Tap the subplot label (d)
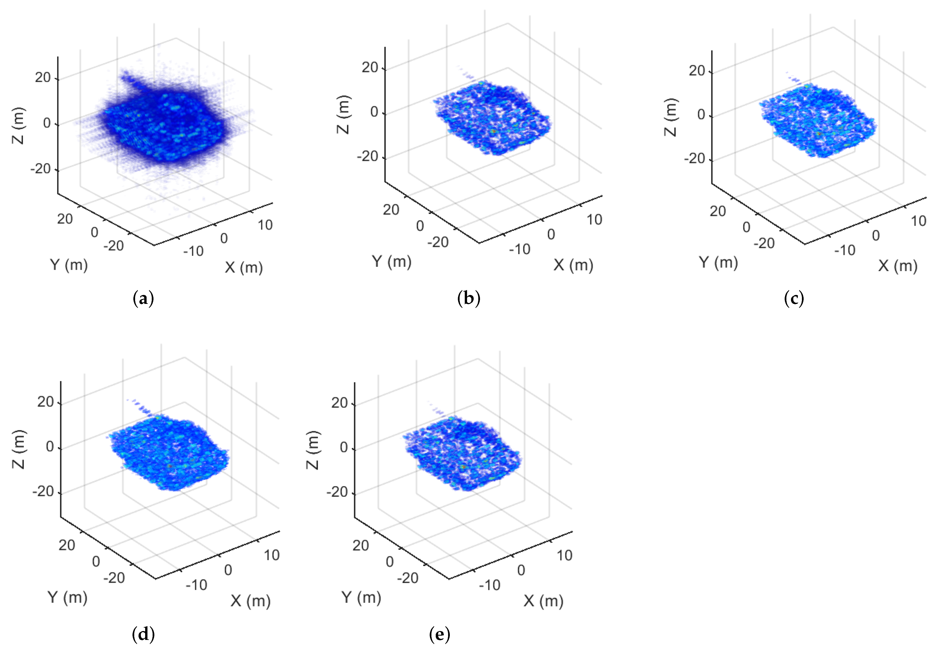pos(143,634)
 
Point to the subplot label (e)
pos(439,634)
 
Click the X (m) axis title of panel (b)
pos(573,265)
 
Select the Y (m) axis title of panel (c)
pos(718,262)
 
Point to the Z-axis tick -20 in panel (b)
pos(367,156)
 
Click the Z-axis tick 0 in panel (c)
pos(701,115)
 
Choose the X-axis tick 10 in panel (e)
pos(564,555)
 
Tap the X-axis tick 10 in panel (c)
pos(919,221)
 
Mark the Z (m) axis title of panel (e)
pos(312,450)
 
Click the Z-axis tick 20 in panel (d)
pos(46,402)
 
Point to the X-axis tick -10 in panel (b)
pos(520,249)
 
